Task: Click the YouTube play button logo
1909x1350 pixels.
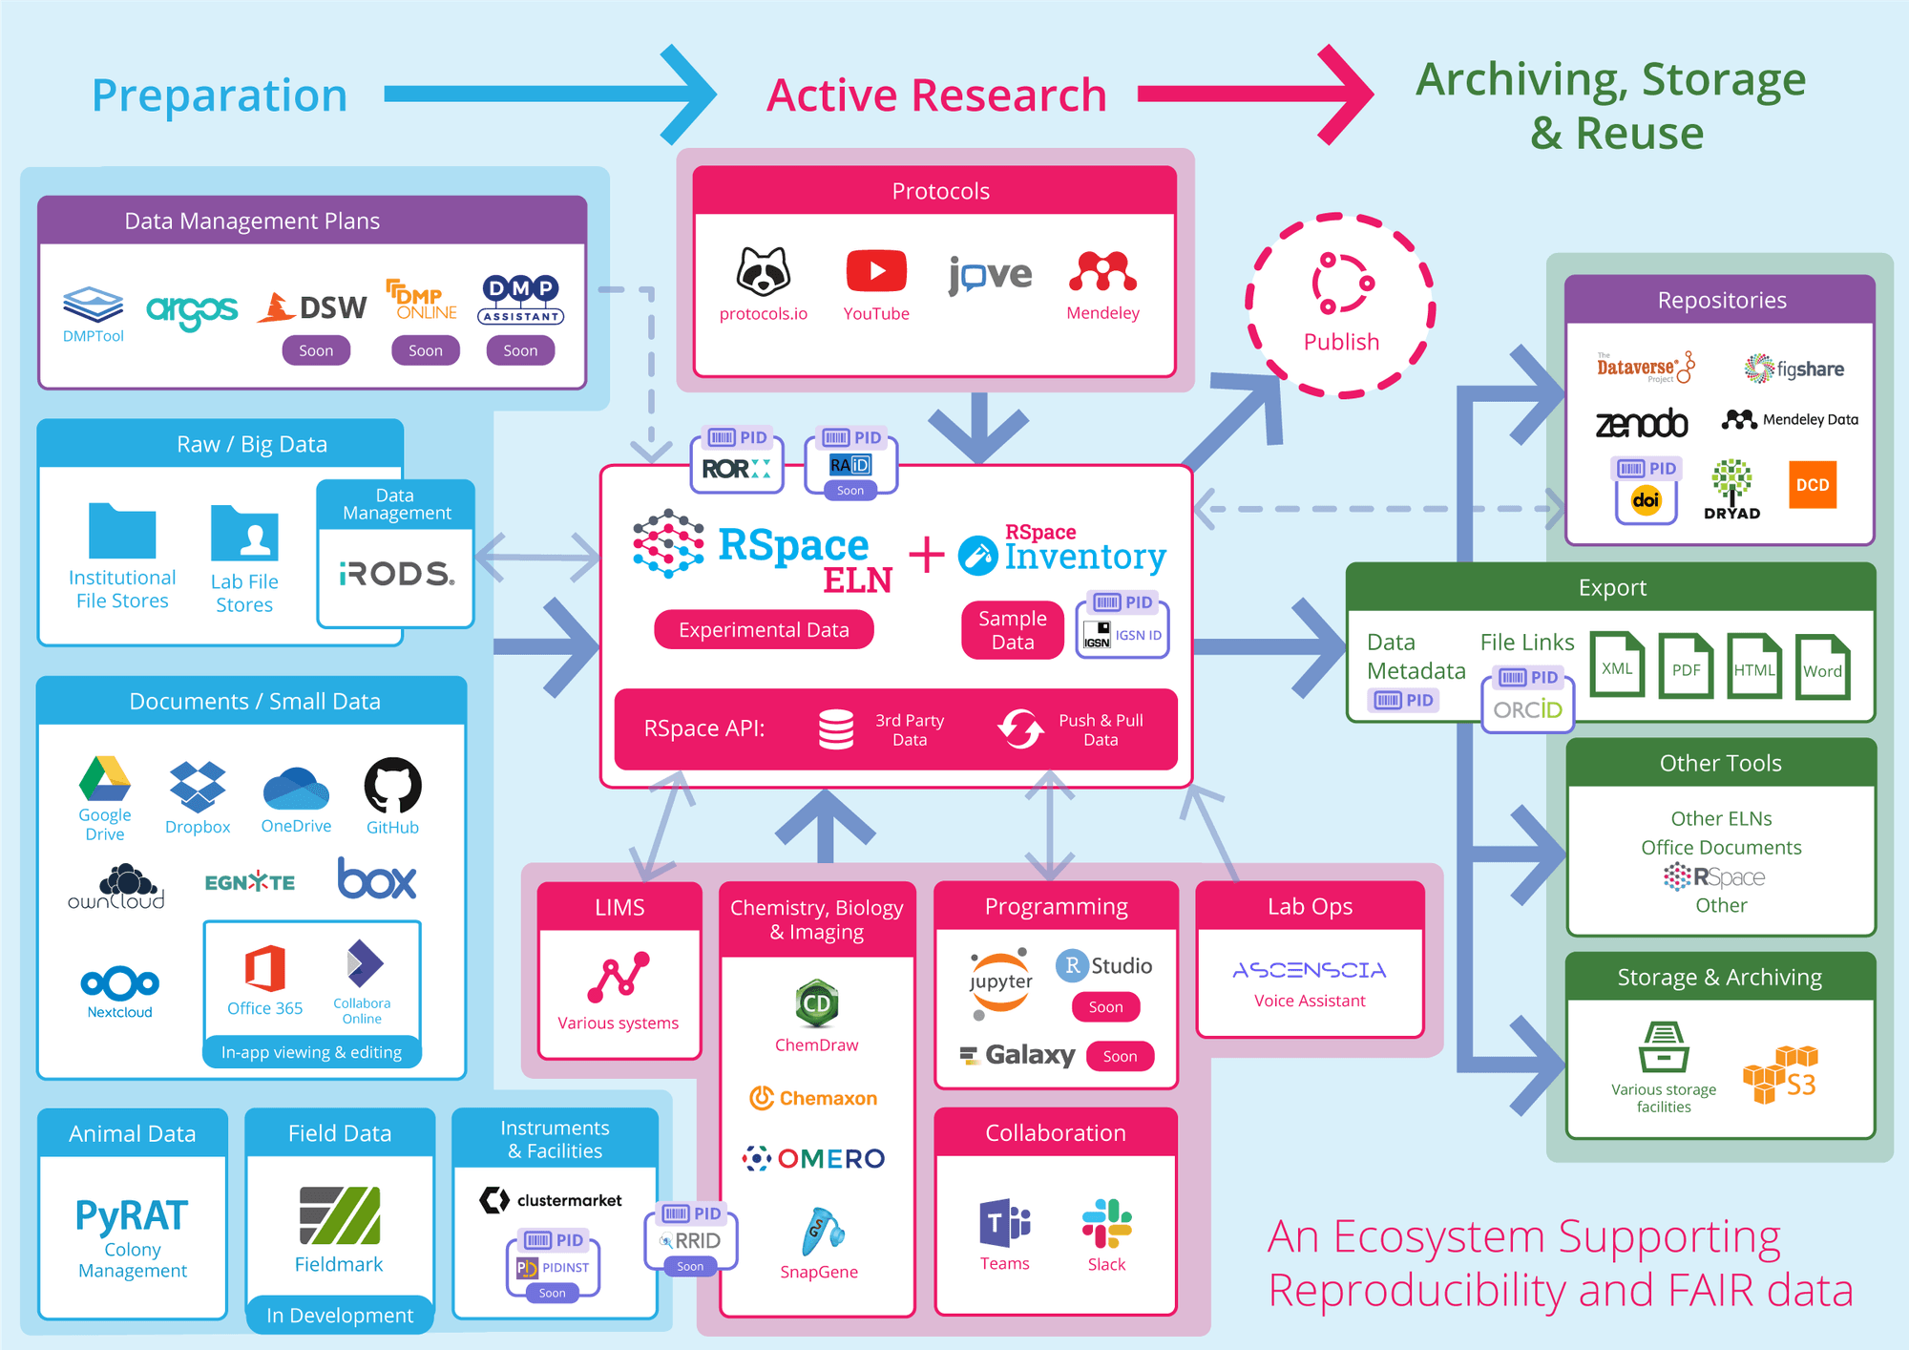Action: coord(875,272)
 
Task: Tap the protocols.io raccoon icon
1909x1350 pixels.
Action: coord(763,272)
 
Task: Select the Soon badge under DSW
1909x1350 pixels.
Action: coord(316,350)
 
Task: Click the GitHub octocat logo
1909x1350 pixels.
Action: coord(392,786)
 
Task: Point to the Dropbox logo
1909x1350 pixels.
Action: coord(198,787)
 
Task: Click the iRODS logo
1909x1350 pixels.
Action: coord(396,574)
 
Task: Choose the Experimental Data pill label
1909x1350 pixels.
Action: coord(764,630)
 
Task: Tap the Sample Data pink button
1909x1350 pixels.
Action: coord(1012,630)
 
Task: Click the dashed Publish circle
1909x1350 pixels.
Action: coord(1340,306)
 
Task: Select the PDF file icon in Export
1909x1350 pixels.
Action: coord(1685,665)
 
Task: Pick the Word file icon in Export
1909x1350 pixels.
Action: coord(1821,666)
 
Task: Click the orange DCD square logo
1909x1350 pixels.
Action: coord(1812,485)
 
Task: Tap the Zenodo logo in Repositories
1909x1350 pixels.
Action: coord(1641,423)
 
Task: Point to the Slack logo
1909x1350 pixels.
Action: coord(1106,1223)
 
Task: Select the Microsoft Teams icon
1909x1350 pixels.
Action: coord(1004,1223)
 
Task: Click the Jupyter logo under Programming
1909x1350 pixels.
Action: coord(1000,982)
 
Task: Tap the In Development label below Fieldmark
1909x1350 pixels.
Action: coord(340,1316)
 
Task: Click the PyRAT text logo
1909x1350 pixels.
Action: coord(132,1215)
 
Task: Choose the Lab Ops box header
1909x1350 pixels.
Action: coord(1310,906)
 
